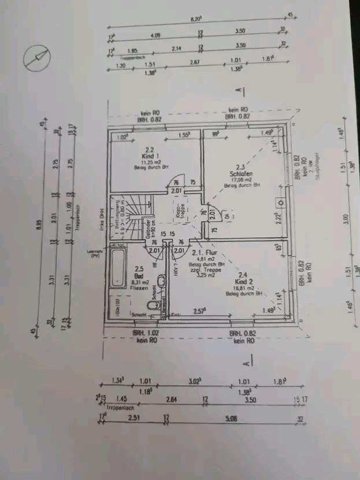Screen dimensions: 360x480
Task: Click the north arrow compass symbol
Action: click(x=36, y=57)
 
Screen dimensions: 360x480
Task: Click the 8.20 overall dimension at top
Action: click(x=196, y=19)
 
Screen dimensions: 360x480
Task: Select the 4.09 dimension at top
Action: click(x=155, y=36)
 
